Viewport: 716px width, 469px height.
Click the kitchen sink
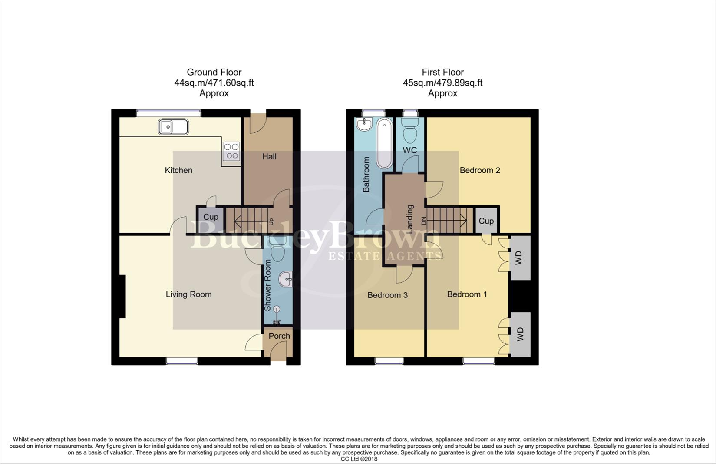173,126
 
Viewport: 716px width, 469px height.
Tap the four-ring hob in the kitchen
231,151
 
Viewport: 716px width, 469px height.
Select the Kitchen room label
178,170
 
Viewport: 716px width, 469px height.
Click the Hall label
269,156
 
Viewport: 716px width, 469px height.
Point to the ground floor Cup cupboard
211,217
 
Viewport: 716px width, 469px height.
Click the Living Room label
188,294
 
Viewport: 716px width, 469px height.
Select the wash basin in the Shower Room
286,279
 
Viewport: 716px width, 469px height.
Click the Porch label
279,336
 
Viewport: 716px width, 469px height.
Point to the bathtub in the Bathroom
384,143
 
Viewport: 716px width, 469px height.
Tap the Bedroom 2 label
480,170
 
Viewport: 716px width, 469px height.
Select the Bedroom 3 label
387,295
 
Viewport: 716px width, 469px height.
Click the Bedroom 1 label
467,294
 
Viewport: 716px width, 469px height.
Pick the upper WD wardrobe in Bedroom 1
520,258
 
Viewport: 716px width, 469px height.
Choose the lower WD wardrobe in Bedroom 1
520,334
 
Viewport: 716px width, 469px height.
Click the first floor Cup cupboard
486,221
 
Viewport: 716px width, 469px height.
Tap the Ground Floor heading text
214,73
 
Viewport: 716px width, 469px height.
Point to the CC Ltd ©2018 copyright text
359,459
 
